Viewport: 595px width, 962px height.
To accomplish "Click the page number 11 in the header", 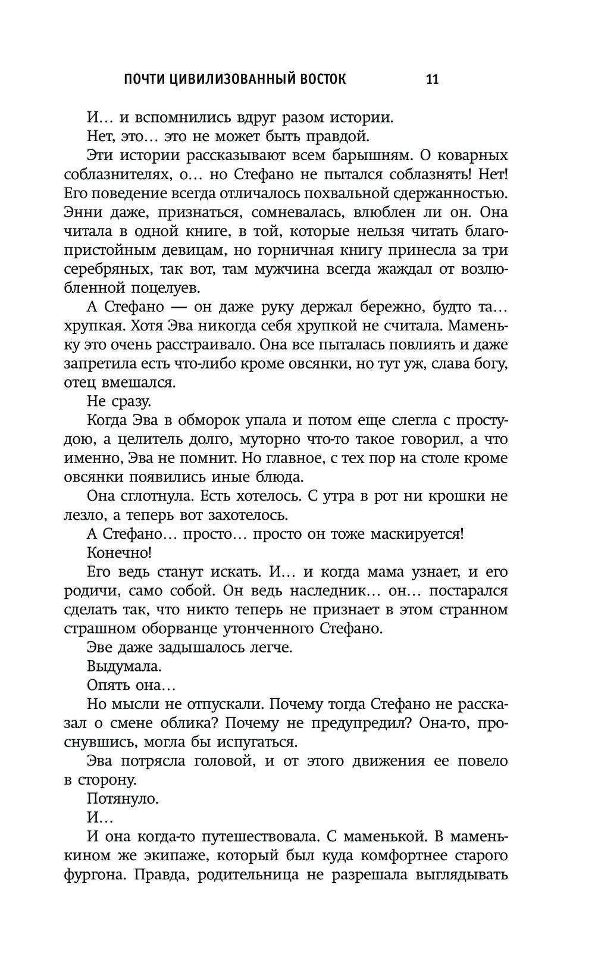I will tap(433, 79).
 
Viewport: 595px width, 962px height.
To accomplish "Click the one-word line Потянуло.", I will tap(123, 798).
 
